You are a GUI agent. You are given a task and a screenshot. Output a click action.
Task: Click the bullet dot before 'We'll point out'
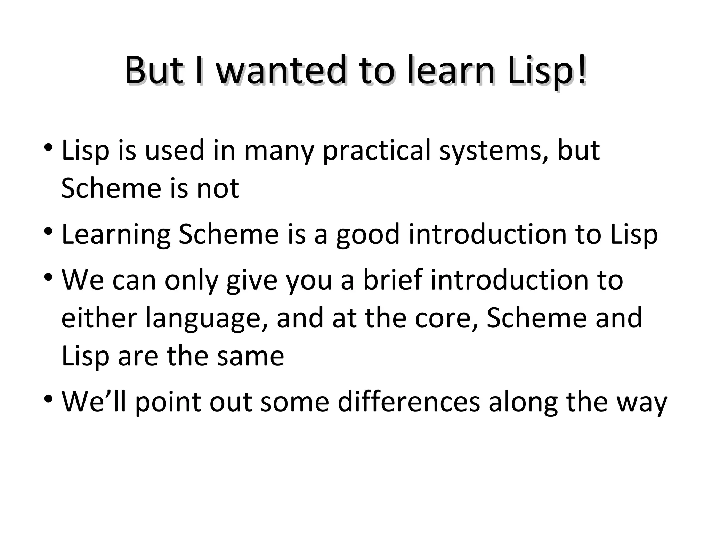(x=49, y=398)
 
